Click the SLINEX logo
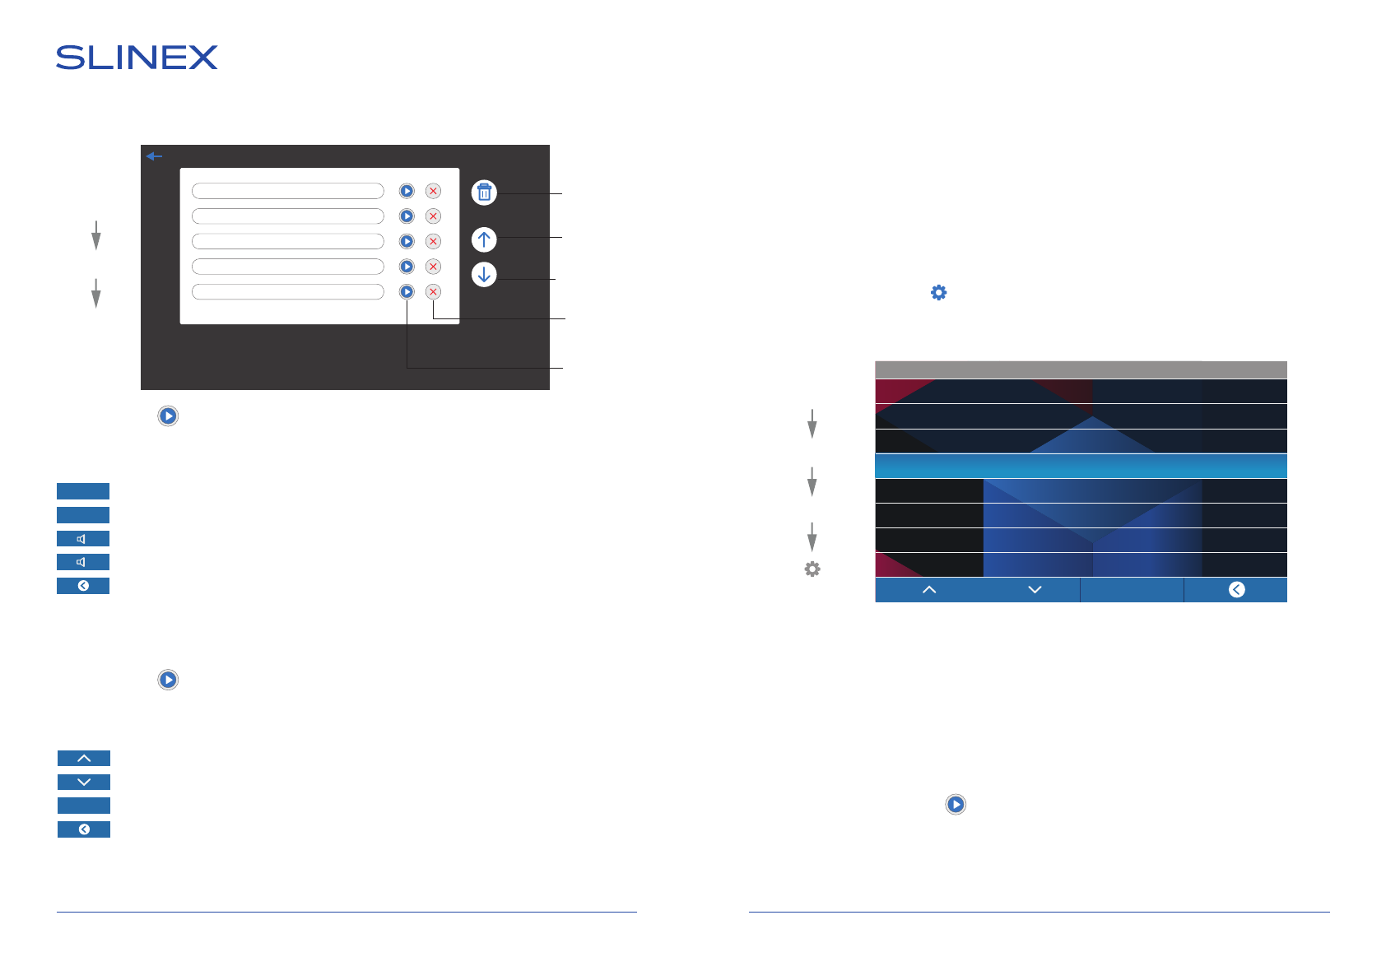click(137, 58)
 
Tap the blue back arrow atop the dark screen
click(154, 156)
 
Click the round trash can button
click(484, 193)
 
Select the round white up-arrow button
click(484, 239)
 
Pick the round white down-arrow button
click(484, 274)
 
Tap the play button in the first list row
click(407, 191)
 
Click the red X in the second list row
click(433, 216)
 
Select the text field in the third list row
click(288, 241)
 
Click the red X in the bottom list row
click(433, 292)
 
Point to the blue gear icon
click(938, 293)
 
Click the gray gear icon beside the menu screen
click(812, 569)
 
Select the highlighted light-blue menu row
click(1081, 466)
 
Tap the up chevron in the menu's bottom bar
click(929, 590)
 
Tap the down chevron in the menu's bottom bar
click(1035, 590)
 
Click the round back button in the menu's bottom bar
click(1236, 590)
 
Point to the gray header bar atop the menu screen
click(1081, 369)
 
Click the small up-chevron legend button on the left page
click(84, 759)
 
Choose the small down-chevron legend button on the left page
click(84, 783)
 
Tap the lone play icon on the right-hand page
click(956, 805)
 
